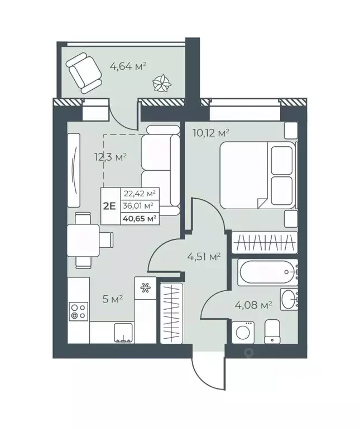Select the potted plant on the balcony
coord(162,85)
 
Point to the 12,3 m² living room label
coord(111,157)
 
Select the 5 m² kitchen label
coord(112,299)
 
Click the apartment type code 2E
coord(109,205)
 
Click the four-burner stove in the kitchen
coord(78,311)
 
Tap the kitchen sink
coord(122,333)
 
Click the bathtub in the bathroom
coord(267,273)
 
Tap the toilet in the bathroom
coord(273,332)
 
